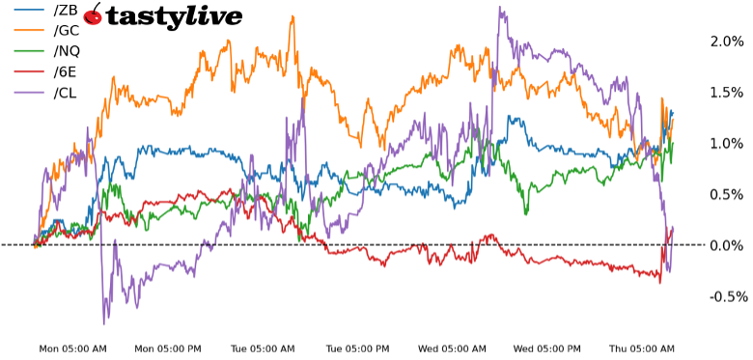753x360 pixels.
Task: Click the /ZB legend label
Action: pyautogui.click(x=66, y=10)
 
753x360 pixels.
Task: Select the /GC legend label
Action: pyautogui.click(x=67, y=31)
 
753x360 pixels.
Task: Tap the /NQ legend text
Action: pyautogui.click(x=68, y=51)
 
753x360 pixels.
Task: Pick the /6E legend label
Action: pyautogui.click(x=66, y=72)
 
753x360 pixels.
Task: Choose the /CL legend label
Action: pyautogui.click(x=66, y=93)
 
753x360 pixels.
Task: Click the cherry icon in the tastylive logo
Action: pyautogui.click(x=93, y=14)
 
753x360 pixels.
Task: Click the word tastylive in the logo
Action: pyautogui.click(x=174, y=16)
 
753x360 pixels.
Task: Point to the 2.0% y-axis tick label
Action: pyautogui.click(x=727, y=42)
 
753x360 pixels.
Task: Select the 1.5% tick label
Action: pyautogui.click(x=727, y=93)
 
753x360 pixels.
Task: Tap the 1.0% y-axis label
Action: pyautogui.click(x=727, y=143)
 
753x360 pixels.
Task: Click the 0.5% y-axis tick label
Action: pyautogui.click(x=727, y=194)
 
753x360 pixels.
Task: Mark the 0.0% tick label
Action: pyautogui.click(x=727, y=245)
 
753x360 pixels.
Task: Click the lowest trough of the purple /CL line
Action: pyautogui.click(x=103, y=323)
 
